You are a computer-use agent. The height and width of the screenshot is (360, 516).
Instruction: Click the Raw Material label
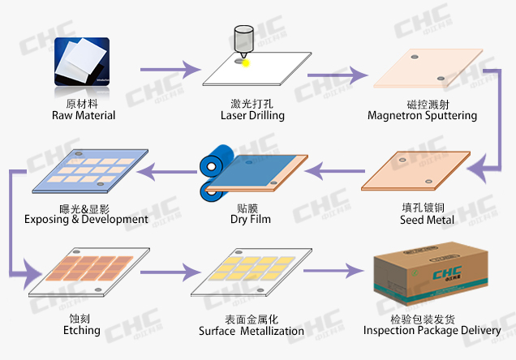[x=84, y=115]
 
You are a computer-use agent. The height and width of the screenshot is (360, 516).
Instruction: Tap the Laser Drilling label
[x=252, y=115]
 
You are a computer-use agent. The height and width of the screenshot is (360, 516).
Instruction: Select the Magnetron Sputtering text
[x=422, y=115]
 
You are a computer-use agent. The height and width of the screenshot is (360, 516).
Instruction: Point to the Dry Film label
[x=246, y=219]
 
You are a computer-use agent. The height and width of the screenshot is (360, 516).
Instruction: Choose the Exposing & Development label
[x=86, y=219]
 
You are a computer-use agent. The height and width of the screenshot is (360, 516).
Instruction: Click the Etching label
[x=82, y=330]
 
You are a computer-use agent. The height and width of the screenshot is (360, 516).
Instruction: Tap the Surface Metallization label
[x=252, y=330]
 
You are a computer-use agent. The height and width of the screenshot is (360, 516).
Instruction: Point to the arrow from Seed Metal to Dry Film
[x=333, y=170]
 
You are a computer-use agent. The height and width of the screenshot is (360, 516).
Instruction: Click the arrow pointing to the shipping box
[x=333, y=272]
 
